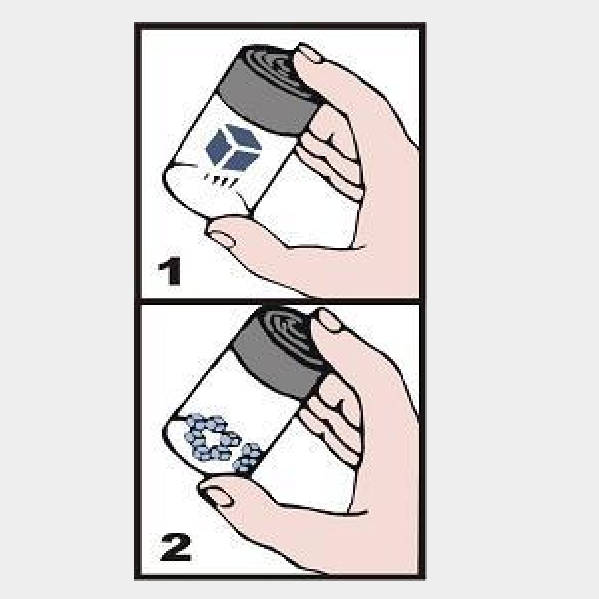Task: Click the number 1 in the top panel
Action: [x=171, y=271]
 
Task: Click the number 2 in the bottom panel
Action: [x=176, y=547]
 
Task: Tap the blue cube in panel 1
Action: [x=233, y=147]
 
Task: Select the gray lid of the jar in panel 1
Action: [x=270, y=90]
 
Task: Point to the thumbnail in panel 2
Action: [x=215, y=497]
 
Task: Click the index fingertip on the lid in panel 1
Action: [x=310, y=54]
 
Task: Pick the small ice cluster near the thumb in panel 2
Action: [x=248, y=458]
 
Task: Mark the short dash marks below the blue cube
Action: [x=221, y=181]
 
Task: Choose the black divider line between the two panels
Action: [x=280, y=301]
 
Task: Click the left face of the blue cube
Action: [x=217, y=147]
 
